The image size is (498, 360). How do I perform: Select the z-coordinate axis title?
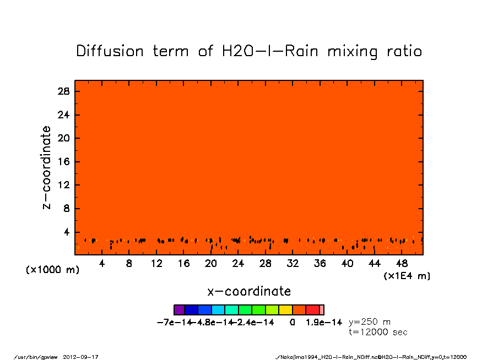point(47,167)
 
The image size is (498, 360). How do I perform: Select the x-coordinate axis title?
point(249,291)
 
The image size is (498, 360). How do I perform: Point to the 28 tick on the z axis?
point(64,91)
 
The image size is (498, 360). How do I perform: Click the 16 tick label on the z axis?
point(64,162)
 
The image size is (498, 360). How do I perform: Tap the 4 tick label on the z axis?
point(67,232)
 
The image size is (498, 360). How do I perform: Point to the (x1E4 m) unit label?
point(407,276)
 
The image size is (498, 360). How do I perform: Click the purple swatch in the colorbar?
point(179,310)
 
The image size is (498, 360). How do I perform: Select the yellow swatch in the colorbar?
point(285,310)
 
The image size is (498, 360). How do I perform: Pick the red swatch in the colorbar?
point(312,310)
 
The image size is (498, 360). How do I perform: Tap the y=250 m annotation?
point(370,322)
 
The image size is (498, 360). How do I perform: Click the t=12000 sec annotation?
point(378,332)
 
